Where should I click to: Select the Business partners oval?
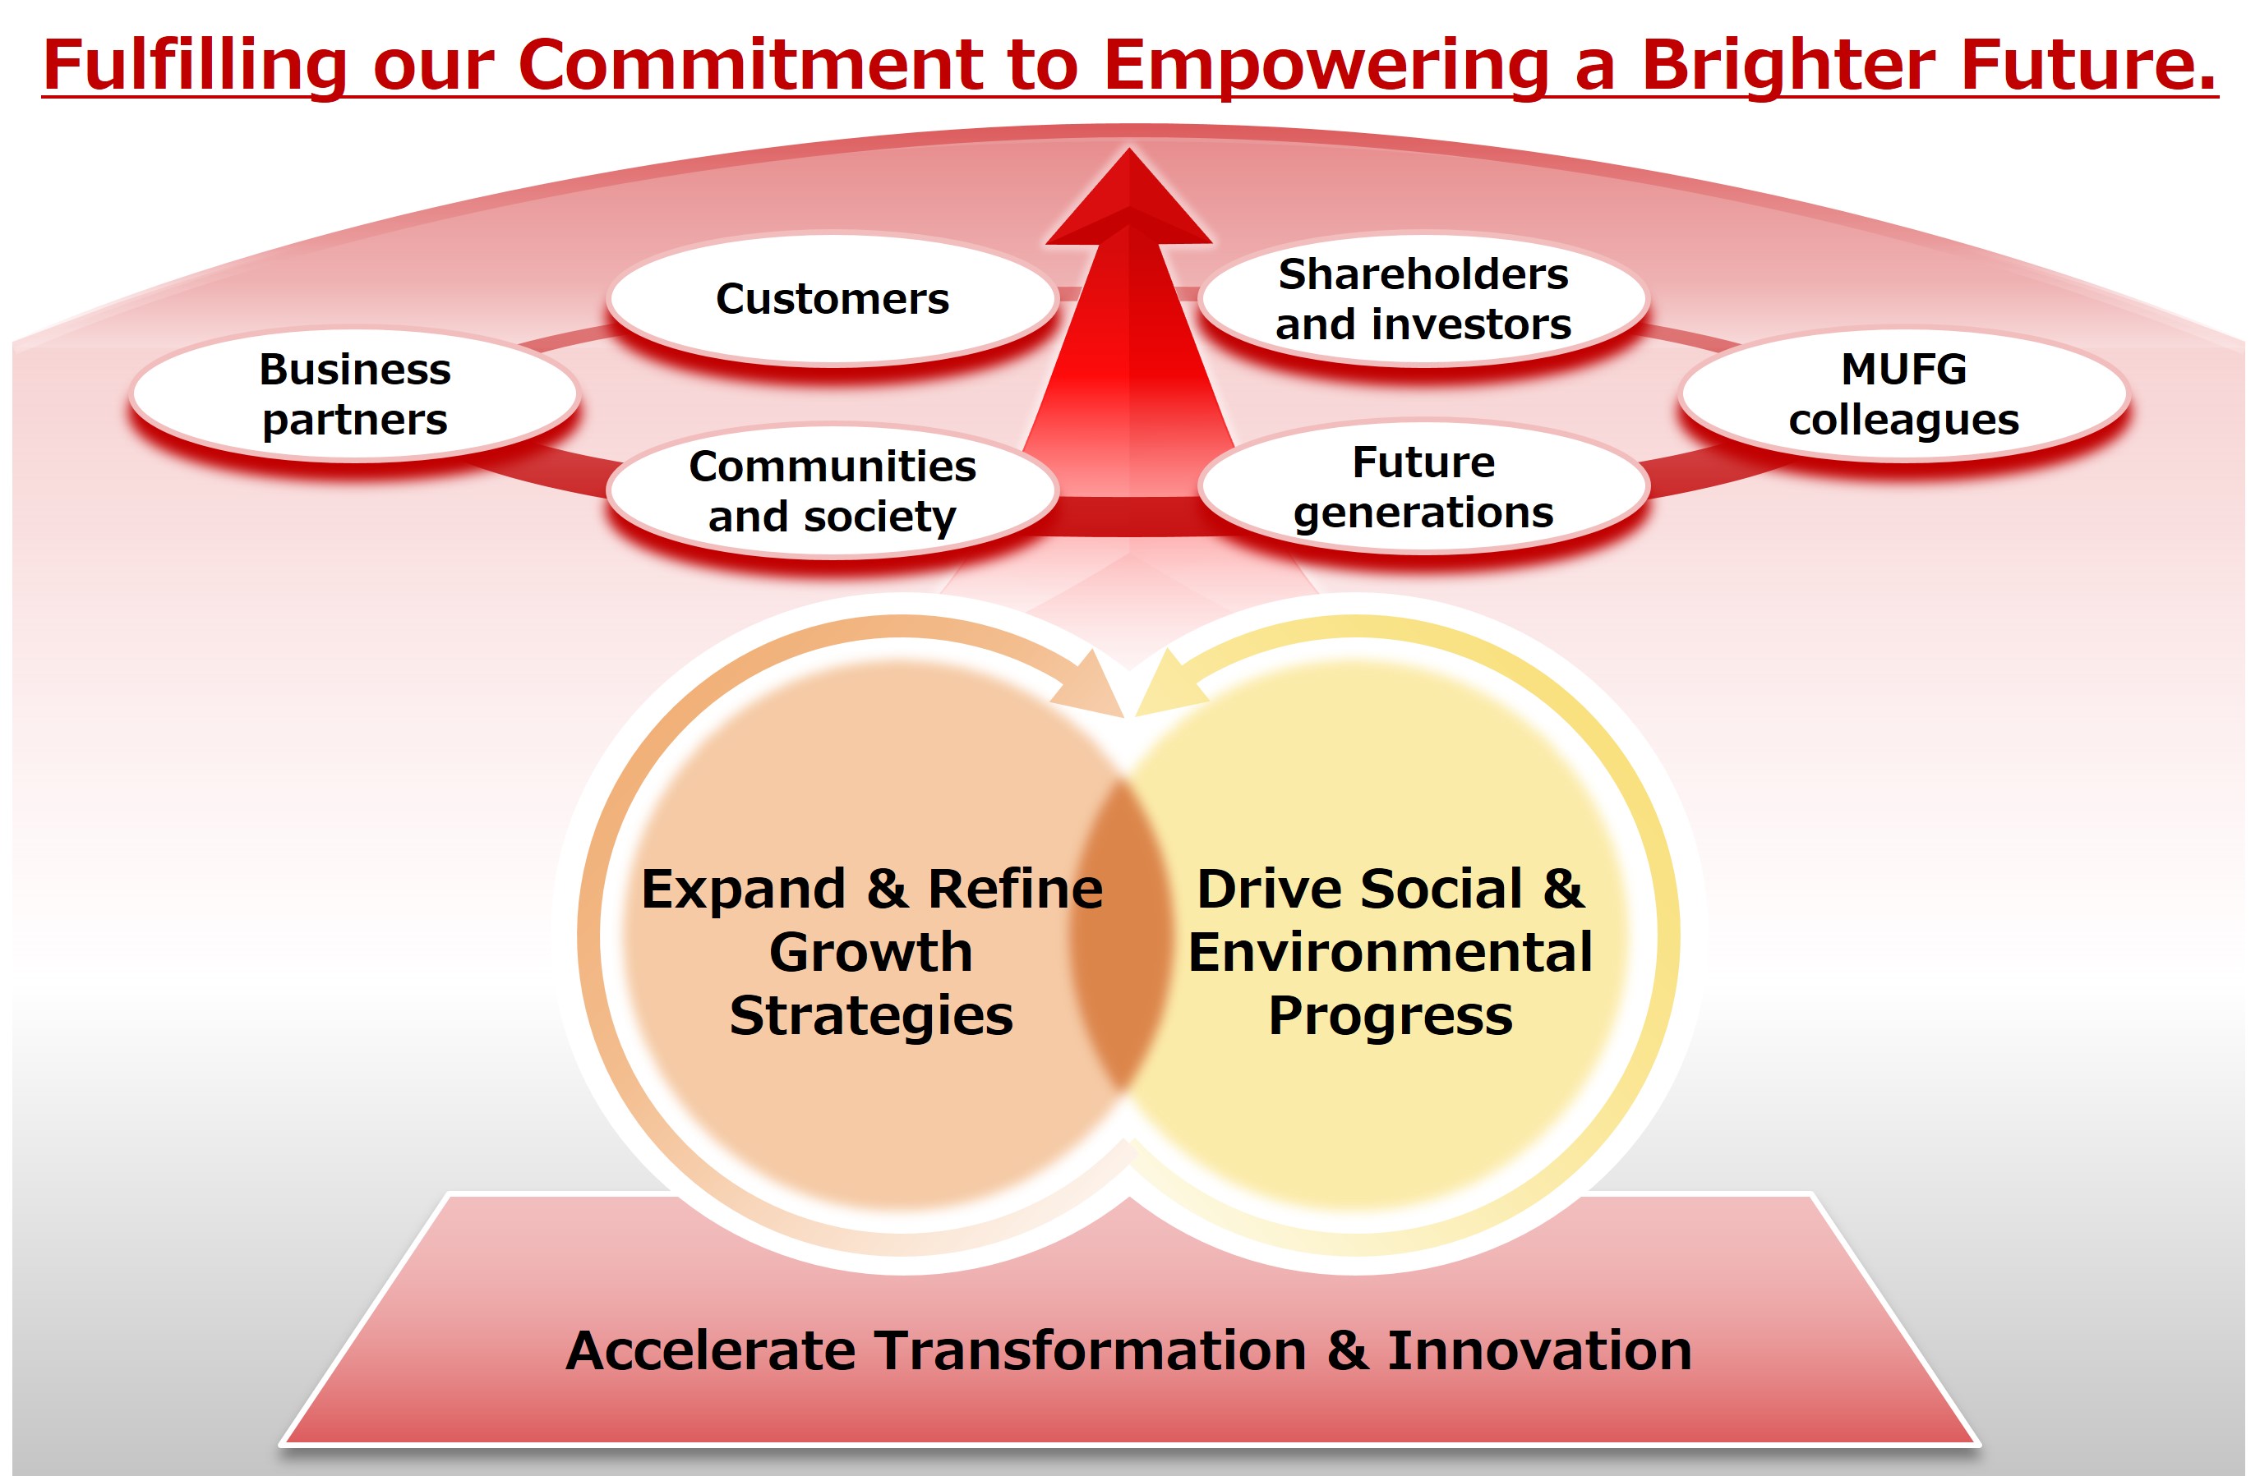pos(355,395)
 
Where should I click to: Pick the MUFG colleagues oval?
pos(1904,395)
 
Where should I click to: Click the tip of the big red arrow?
pos(1129,148)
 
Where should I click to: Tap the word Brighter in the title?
pos(1787,67)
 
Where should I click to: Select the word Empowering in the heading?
pos(1325,67)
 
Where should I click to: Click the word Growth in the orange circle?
pos(872,952)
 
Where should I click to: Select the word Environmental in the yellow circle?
pos(1391,952)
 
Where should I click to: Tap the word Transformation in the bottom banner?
pos(1090,1350)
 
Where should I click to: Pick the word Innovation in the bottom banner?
pos(1539,1350)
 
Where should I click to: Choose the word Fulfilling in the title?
pos(196,67)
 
